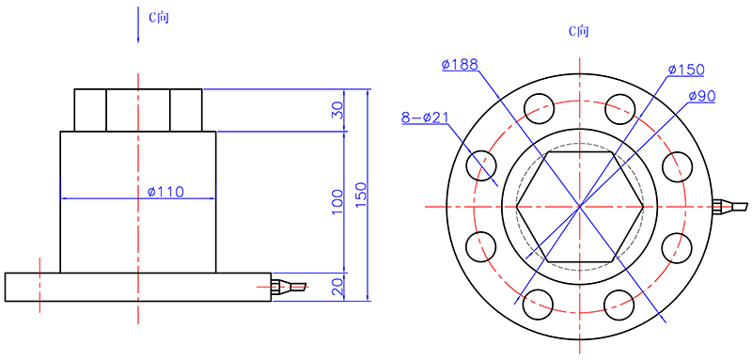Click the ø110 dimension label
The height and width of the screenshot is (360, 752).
[x=165, y=192]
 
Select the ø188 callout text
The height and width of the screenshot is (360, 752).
[x=460, y=64]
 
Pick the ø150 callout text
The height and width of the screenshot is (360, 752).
[x=686, y=70]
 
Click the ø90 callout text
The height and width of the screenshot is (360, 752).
[x=702, y=96]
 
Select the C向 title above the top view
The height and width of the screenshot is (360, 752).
[x=579, y=30]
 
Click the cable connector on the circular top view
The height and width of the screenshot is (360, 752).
[x=729, y=206]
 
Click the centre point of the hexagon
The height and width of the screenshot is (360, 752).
[x=580, y=205]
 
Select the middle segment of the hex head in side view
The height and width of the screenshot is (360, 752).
[x=138, y=110]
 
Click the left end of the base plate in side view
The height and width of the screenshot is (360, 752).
[x=8, y=288]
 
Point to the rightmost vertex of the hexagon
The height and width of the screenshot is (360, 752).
[x=644, y=205]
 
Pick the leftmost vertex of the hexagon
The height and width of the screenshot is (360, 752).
[x=516, y=205]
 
